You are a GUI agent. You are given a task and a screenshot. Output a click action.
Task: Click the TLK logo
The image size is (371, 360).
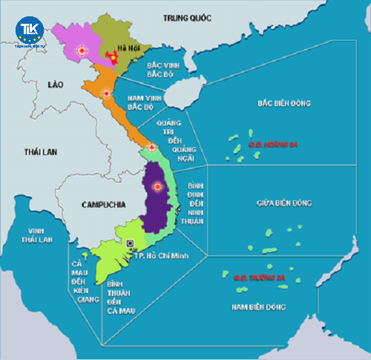click(x=30, y=32)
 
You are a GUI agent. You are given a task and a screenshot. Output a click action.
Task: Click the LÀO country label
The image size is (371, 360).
click(x=55, y=85)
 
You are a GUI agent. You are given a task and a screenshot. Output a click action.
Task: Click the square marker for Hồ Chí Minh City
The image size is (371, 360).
click(x=131, y=243)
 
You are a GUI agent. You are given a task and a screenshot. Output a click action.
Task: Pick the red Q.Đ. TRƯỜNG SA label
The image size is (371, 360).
click(x=260, y=278)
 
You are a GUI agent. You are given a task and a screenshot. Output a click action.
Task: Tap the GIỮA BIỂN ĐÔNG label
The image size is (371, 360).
click(x=285, y=203)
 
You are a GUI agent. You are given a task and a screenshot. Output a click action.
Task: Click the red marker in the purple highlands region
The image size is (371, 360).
click(x=157, y=187)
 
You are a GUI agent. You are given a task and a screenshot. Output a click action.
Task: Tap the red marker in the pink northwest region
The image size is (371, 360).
click(x=82, y=50)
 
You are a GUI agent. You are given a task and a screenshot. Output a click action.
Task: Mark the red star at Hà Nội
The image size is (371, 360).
click(x=112, y=56)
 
